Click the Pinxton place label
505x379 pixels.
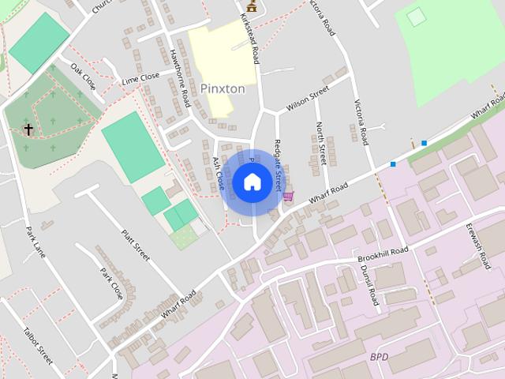223,88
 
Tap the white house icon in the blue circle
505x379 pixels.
252,182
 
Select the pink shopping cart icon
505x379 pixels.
289,196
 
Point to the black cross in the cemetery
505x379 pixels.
28,128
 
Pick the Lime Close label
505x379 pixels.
140,79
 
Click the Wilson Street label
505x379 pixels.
307,100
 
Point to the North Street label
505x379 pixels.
320,143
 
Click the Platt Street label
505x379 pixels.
135,245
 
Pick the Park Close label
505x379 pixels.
111,283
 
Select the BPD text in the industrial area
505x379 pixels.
379,357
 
